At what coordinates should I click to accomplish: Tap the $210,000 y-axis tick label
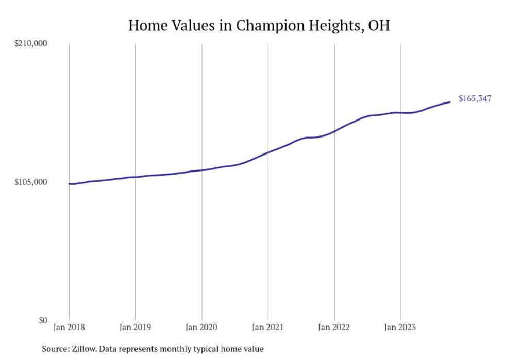(x=30, y=43)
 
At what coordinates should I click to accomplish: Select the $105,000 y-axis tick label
(x=30, y=182)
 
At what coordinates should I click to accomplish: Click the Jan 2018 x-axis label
(x=69, y=327)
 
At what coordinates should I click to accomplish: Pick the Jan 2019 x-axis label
(x=135, y=327)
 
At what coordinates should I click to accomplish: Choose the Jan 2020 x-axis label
(x=201, y=327)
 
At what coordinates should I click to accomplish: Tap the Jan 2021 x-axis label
(x=268, y=327)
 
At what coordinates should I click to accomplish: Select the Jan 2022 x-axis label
(x=334, y=327)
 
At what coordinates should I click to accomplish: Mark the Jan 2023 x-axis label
(x=400, y=327)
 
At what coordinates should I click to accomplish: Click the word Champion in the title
(x=259, y=25)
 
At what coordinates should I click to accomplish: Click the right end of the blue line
(x=450, y=102)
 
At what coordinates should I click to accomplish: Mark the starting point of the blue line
(x=69, y=184)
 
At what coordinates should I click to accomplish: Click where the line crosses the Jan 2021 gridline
(x=268, y=152)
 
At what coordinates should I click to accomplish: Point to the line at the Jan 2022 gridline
(x=334, y=131)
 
